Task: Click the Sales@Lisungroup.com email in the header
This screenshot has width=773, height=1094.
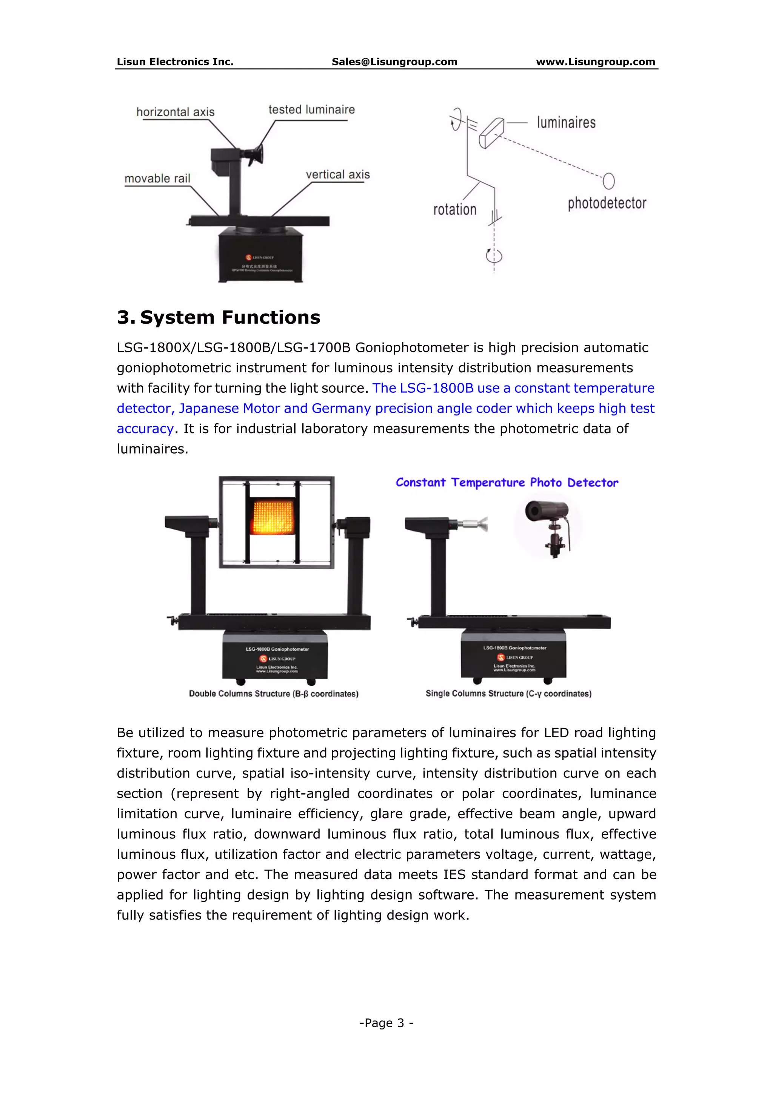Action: [394, 62]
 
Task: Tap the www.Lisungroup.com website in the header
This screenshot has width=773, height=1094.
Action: [595, 62]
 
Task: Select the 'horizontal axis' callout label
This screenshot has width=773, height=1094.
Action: [175, 112]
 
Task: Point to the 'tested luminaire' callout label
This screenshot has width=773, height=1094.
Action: [311, 110]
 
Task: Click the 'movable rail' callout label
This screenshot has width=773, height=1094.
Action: [157, 179]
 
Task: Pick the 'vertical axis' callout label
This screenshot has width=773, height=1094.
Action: [338, 174]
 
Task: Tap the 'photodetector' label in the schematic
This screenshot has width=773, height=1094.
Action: [607, 204]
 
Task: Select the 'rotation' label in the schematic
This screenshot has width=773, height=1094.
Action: [454, 210]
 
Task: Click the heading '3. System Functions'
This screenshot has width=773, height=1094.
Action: [219, 317]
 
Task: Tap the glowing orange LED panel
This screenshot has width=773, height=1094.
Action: [272, 517]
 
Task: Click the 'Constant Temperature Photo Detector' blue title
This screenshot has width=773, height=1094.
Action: [507, 483]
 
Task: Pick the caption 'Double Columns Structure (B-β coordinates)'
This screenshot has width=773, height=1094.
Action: [273, 694]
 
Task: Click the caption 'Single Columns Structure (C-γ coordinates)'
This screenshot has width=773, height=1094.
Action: [508, 694]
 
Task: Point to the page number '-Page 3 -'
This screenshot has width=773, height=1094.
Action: [386, 1023]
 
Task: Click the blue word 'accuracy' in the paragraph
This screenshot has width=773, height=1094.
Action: [145, 429]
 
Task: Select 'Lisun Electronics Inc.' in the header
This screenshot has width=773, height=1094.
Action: [175, 62]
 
